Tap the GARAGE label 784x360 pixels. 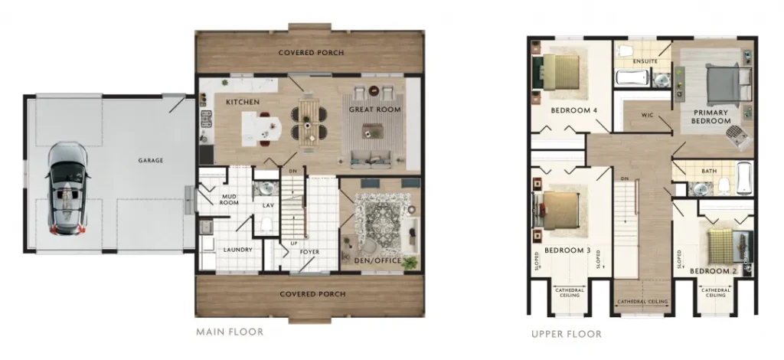click(151, 161)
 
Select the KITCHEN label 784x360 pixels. click(243, 102)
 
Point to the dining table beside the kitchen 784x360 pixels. click(309, 122)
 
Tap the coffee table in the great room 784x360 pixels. click(372, 131)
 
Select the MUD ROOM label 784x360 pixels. click(229, 199)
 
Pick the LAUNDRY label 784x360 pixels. click(238, 250)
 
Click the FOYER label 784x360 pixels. click(309, 252)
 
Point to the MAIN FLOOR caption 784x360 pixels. click(230, 332)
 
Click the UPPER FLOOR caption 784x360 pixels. click(567, 334)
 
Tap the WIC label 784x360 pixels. click(648, 116)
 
